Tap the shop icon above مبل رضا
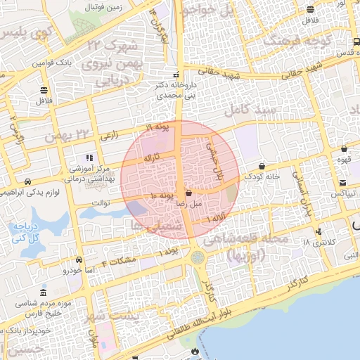[188, 193]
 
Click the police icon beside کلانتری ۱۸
[320, 231]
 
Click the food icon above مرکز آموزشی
[89, 157]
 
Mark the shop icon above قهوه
[344, 149]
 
